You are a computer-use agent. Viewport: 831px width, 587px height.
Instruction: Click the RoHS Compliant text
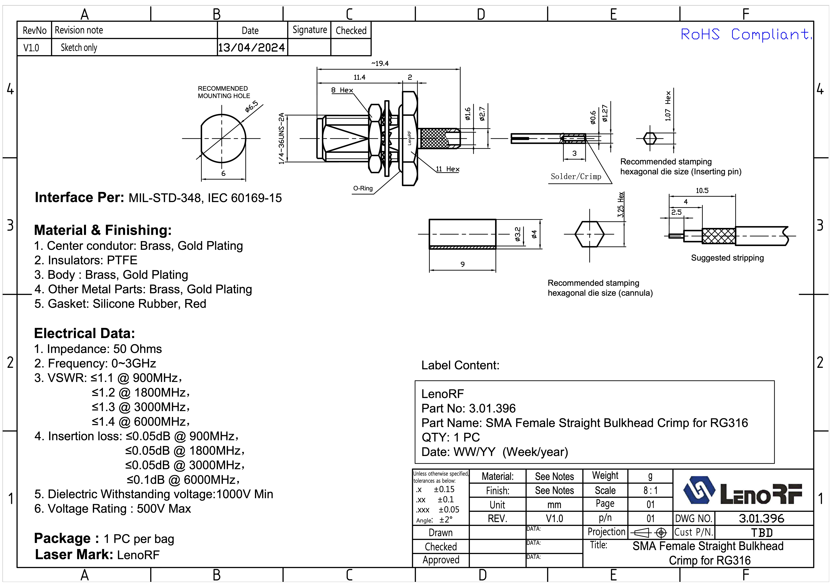pos(746,35)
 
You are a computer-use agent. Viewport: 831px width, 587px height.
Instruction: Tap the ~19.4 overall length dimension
pos(380,64)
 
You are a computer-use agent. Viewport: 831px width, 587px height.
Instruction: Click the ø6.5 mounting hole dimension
pos(252,106)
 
